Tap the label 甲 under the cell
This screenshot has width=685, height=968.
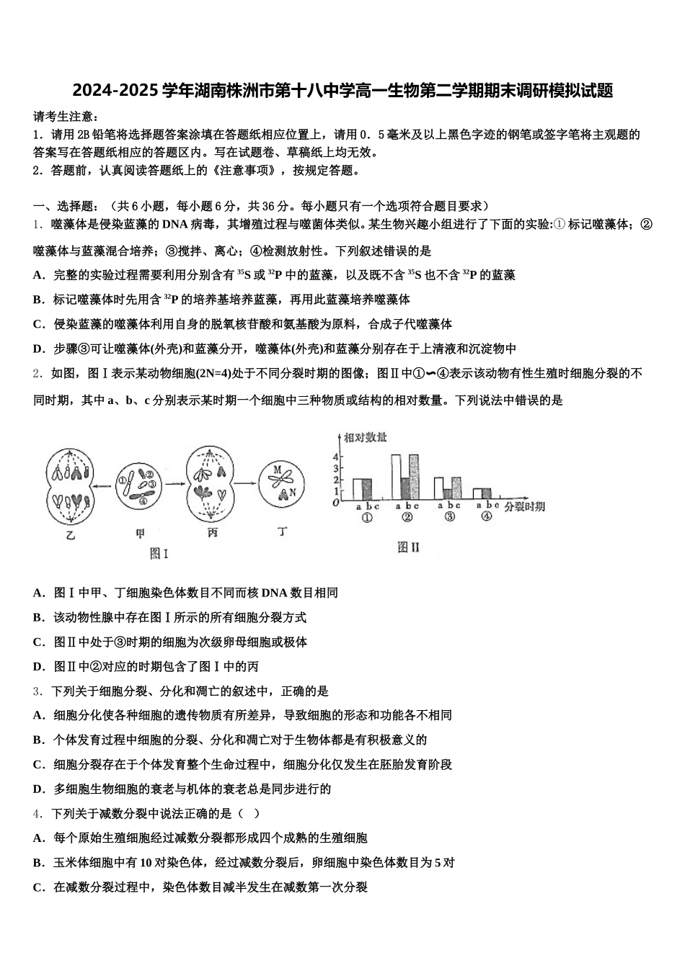pos(140,534)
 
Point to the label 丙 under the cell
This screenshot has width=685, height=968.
pos(212,534)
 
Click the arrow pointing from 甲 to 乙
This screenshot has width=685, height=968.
pos(105,485)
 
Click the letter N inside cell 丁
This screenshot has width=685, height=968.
pos(293,493)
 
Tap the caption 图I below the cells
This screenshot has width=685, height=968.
pos(159,553)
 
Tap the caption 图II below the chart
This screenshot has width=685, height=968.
pos(408,547)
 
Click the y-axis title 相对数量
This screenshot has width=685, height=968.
pos(365,437)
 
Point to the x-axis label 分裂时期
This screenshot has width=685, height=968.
pos(524,507)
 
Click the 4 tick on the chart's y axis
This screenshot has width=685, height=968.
pos(335,456)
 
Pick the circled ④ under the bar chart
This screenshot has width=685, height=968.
pos(486,517)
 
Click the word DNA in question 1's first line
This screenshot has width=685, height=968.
pos(174,224)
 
